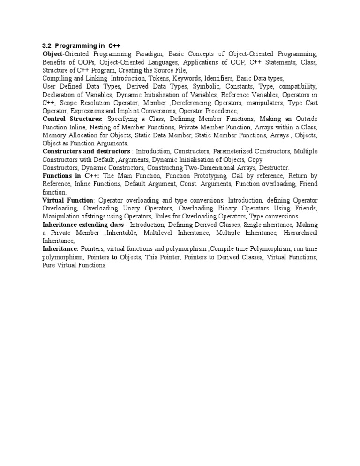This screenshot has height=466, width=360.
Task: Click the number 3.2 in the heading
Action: pyautogui.click(x=46, y=45)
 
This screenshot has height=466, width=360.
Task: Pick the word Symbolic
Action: pyautogui.click(x=208, y=86)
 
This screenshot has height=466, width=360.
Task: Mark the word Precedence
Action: pyautogui.click(x=220, y=111)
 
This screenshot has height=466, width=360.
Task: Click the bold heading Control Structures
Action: pyautogui.click(x=72, y=119)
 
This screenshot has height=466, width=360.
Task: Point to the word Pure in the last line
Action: pyautogui.click(x=49, y=265)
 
